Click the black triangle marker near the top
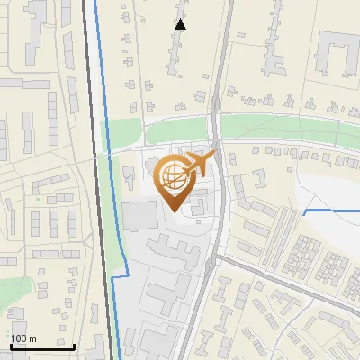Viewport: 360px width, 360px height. point(181,24)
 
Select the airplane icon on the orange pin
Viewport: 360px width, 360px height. point(201,164)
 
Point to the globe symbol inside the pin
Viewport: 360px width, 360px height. point(173,175)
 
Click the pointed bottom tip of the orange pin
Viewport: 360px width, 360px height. point(173,211)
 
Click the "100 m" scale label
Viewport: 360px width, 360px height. point(23,338)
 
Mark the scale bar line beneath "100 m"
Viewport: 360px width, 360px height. point(42,346)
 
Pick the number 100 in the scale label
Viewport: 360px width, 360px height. point(19,338)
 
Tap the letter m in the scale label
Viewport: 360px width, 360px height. point(32,338)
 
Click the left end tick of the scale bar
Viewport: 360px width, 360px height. point(11,345)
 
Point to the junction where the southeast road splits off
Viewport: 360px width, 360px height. point(216,256)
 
